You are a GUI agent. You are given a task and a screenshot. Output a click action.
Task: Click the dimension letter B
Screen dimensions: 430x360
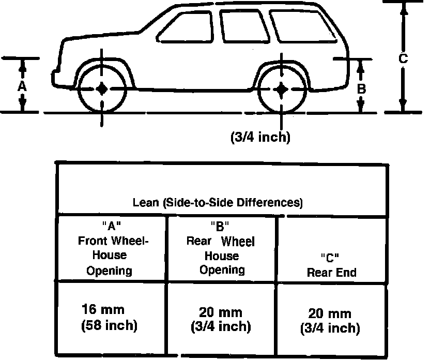(x=362, y=88)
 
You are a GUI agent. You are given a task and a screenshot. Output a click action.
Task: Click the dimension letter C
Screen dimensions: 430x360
(x=404, y=58)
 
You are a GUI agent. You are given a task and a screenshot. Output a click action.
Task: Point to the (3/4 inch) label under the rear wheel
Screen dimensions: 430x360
(x=260, y=137)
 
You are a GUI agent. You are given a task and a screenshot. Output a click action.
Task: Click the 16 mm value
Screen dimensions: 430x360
(x=103, y=310)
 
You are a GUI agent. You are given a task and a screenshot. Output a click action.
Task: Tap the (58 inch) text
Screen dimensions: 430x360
(x=109, y=326)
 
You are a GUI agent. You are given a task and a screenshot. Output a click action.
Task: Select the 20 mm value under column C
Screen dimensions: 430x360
(x=330, y=313)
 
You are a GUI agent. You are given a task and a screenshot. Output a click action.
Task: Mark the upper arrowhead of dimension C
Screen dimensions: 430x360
(x=404, y=7)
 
